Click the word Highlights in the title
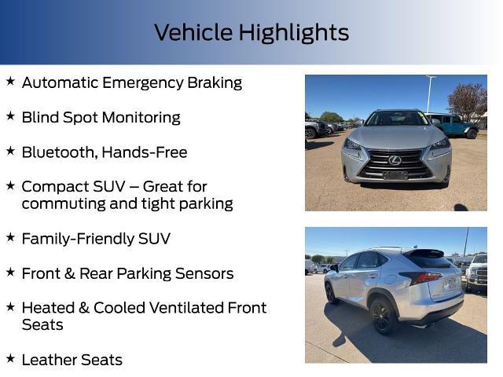(x=294, y=33)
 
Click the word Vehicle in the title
(x=193, y=33)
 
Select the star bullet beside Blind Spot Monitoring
(x=10, y=116)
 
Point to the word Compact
(x=53, y=187)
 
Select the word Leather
(x=50, y=360)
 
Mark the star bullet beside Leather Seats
(x=10, y=358)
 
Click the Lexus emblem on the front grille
(x=395, y=160)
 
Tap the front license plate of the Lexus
(x=395, y=175)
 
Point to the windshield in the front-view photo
(x=396, y=119)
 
